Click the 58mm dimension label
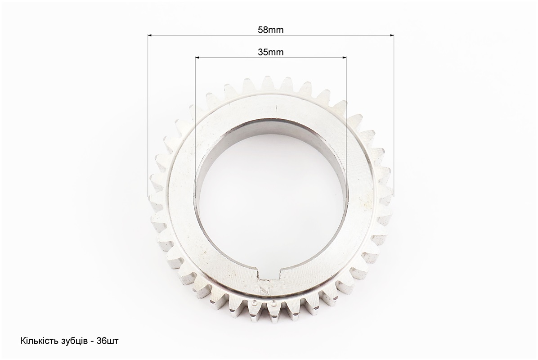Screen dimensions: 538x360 [x=271, y=30]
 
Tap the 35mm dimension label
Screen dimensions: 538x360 [x=271, y=52]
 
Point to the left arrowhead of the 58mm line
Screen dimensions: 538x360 [x=150, y=35]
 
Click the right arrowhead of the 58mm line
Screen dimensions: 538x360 [x=391, y=35]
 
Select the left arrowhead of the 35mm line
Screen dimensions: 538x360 [x=197, y=57]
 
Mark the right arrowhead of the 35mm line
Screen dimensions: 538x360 [x=344, y=57]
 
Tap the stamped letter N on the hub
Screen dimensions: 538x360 [x=264, y=290]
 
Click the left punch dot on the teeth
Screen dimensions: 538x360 [x=254, y=303]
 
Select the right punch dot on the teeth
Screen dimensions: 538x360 [x=273, y=303]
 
